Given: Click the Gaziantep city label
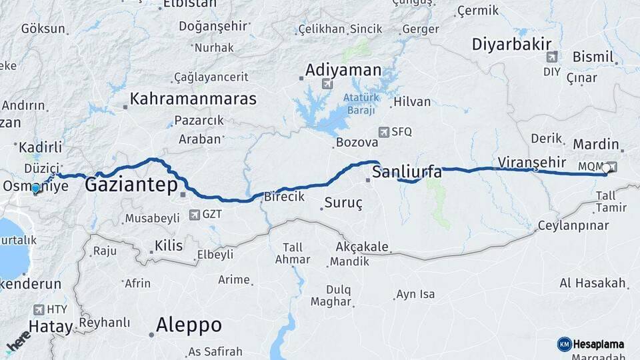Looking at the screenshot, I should (131, 186).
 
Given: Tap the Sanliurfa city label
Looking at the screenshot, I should (407, 173).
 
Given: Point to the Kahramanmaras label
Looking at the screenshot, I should (193, 99).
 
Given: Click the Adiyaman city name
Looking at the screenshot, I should (343, 70).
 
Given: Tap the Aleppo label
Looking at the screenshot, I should (189, 325).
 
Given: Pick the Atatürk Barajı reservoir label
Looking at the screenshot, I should (361, 103).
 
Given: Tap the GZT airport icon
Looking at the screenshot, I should (194, 215).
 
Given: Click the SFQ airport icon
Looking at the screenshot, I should (383, 132).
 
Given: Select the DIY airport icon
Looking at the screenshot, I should (551, 57).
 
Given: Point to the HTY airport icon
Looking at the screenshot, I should (38, 309).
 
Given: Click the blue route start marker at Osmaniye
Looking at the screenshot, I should (35, 189).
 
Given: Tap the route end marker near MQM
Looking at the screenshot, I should (605, 169).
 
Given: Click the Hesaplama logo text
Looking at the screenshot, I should (598, 344).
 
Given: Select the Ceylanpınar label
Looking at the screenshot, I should (573, 225).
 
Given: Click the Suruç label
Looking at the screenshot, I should (343, 203).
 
